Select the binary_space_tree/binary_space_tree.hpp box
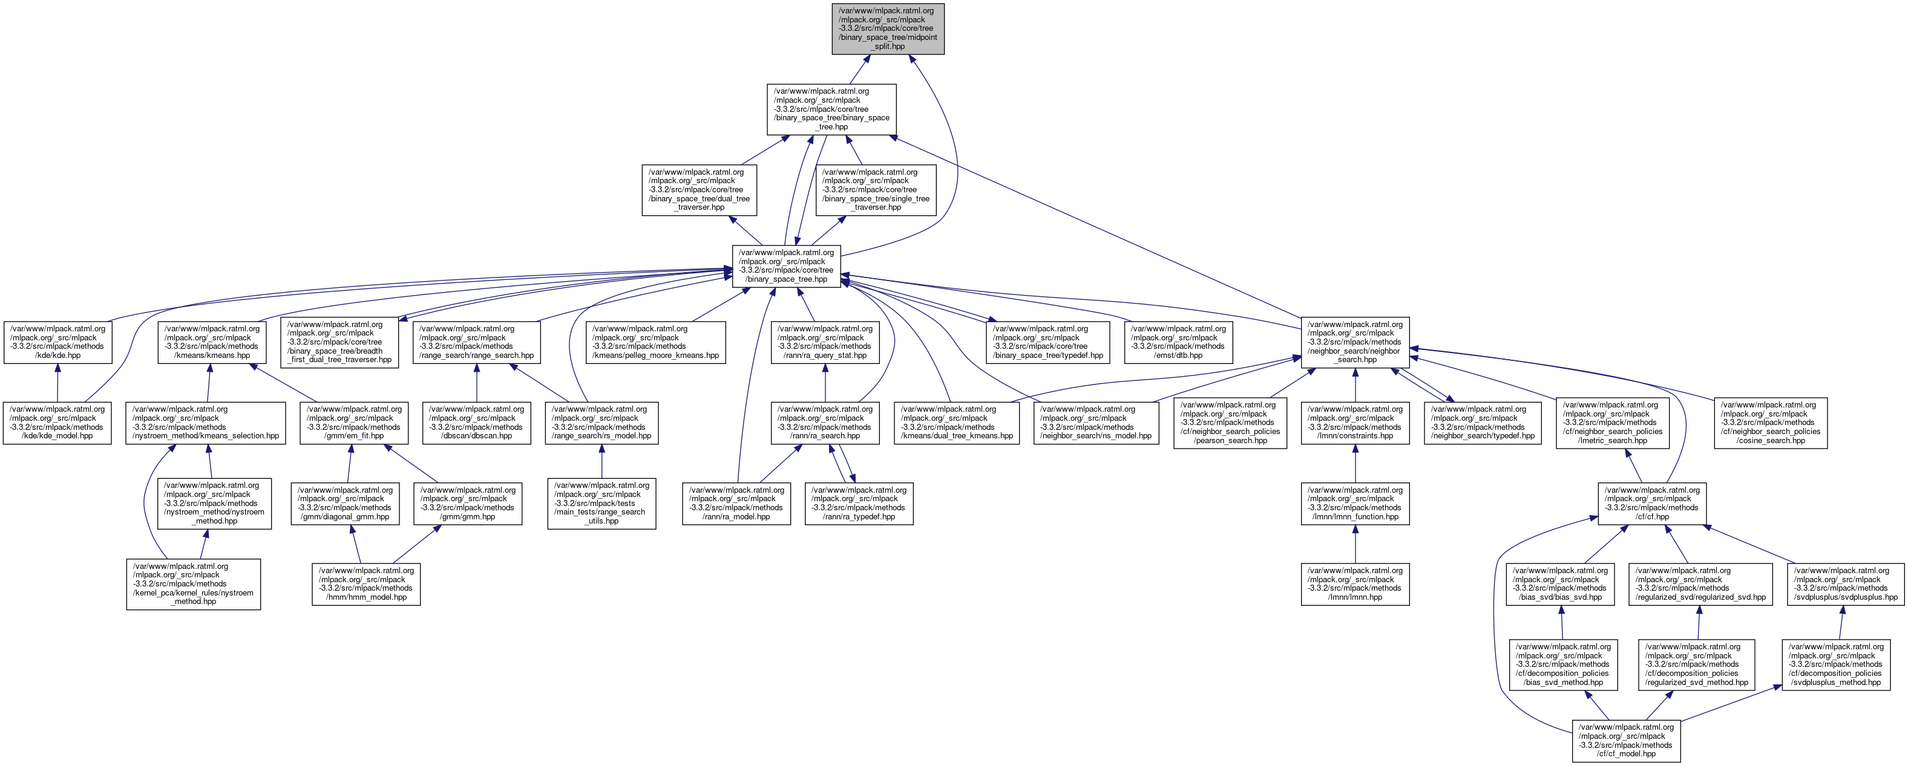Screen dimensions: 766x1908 tap(831, 109)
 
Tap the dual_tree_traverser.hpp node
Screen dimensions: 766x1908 tap(698, 190)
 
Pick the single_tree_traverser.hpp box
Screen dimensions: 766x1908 tap(876, 190)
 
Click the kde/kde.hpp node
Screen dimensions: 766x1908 tap(57, 342)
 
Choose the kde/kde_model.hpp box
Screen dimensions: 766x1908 tap(57, 423)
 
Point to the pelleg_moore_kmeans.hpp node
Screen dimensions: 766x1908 tap(655, 342)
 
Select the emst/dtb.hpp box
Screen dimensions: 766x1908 tap(1178, 342)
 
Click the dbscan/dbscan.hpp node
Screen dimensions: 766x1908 tap(476, 423)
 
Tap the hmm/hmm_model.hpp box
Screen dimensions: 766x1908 tap(366, 584)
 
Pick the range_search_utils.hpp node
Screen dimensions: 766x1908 tap(602, 503)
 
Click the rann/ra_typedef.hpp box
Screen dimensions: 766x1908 tap(859, 503)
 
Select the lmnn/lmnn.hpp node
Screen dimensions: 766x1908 tap(1355, 584)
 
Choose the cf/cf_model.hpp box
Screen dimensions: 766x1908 tap(1626, 740)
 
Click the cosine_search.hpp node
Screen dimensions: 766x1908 tap(1770, 423)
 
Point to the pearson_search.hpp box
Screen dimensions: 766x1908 tap(1230, 423)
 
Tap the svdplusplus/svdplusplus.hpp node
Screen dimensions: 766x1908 tap(1842, 584)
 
